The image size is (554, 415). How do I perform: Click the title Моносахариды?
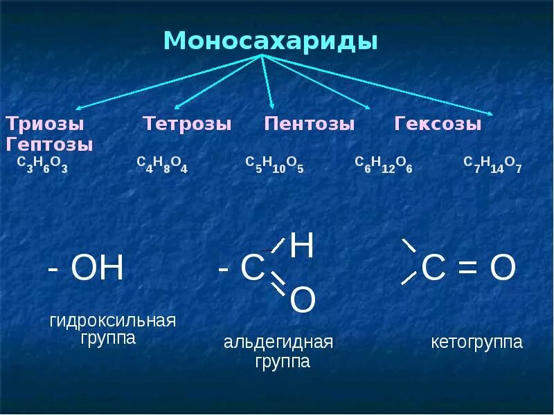(270, 41)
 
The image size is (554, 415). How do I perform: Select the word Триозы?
(45, 124)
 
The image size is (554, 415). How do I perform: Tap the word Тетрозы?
(187, 124)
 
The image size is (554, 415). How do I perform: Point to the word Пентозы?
(310, 124)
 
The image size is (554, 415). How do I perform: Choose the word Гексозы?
(438, 124)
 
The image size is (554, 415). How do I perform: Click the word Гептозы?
(50, 145)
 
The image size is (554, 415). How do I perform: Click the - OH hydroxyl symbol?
(85, 268)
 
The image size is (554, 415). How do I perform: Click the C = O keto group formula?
(468, 268)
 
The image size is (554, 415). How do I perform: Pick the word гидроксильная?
(112, 321)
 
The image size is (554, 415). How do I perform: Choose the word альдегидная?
(278, 342)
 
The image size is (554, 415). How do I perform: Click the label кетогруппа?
(476, 342)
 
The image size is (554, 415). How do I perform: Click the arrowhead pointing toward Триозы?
(78, 109)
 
